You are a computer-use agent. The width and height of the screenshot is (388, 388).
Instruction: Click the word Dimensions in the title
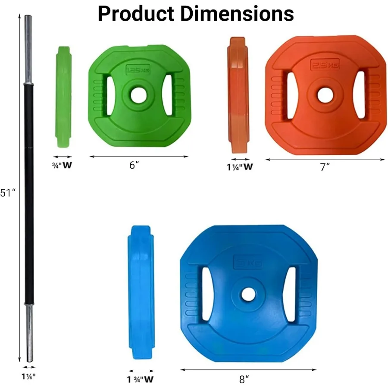click(x=237, y=14)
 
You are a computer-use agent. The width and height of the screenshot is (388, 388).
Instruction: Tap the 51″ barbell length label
click(x=7, y=193)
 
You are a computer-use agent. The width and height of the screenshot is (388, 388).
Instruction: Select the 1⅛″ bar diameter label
click(x=28, y=375)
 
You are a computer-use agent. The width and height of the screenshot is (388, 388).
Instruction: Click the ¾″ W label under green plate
click(x=62, y=165)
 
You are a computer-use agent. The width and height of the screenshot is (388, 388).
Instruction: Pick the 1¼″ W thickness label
click(x=240, y=167)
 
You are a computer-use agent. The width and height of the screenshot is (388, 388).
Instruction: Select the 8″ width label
click(x=244, y=379)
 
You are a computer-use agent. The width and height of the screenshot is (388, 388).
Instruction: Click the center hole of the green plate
click(x=138, y=96)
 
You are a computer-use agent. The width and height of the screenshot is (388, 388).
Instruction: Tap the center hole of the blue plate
click(x=248, y=294)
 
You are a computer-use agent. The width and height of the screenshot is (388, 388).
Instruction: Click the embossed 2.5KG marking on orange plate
click(x=324, y=66)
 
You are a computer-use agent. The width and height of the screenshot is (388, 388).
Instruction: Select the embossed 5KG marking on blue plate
click(x=248, y=262)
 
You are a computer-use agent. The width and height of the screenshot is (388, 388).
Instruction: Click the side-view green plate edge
click(x=64, y=97)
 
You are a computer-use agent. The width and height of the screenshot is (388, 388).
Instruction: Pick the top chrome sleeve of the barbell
click(x=28, y=50)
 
